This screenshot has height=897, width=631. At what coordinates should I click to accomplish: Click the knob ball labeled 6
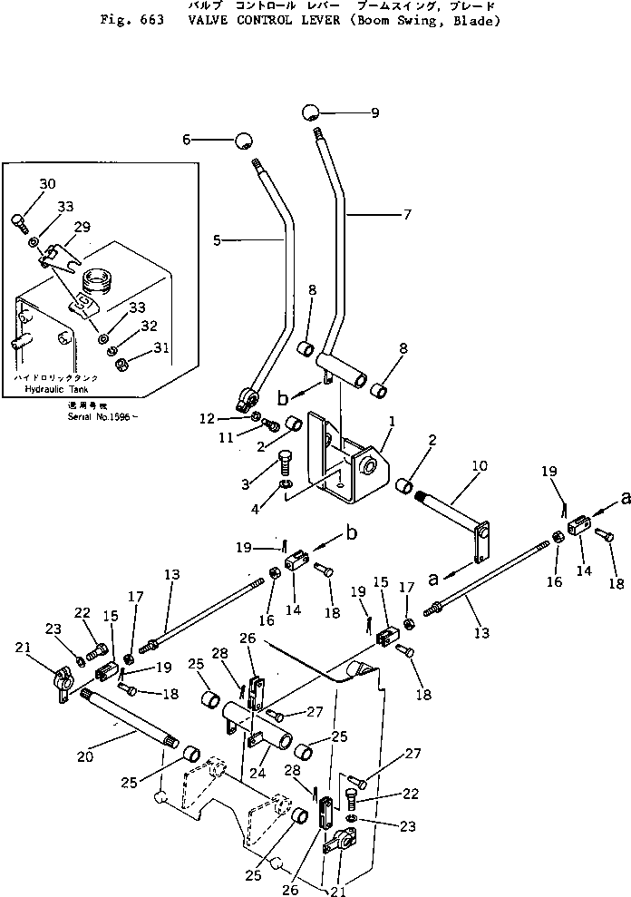tap(243, 141)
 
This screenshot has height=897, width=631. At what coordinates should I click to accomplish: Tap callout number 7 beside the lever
tap(406, 216)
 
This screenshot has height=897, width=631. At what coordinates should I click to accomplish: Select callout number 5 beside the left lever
tap(217, 240)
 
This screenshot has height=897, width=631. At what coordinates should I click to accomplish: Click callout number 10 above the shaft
tap(478, 465)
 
